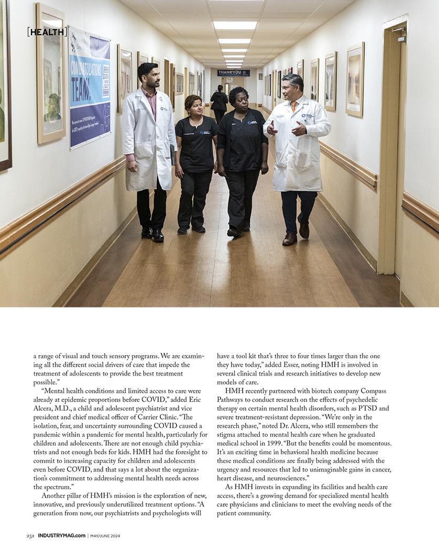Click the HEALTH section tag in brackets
click(47, 32)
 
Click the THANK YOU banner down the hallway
click(234, 73)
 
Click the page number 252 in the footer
click(30, 535)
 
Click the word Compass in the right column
click(373, 391)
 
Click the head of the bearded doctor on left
click(148, 75)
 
